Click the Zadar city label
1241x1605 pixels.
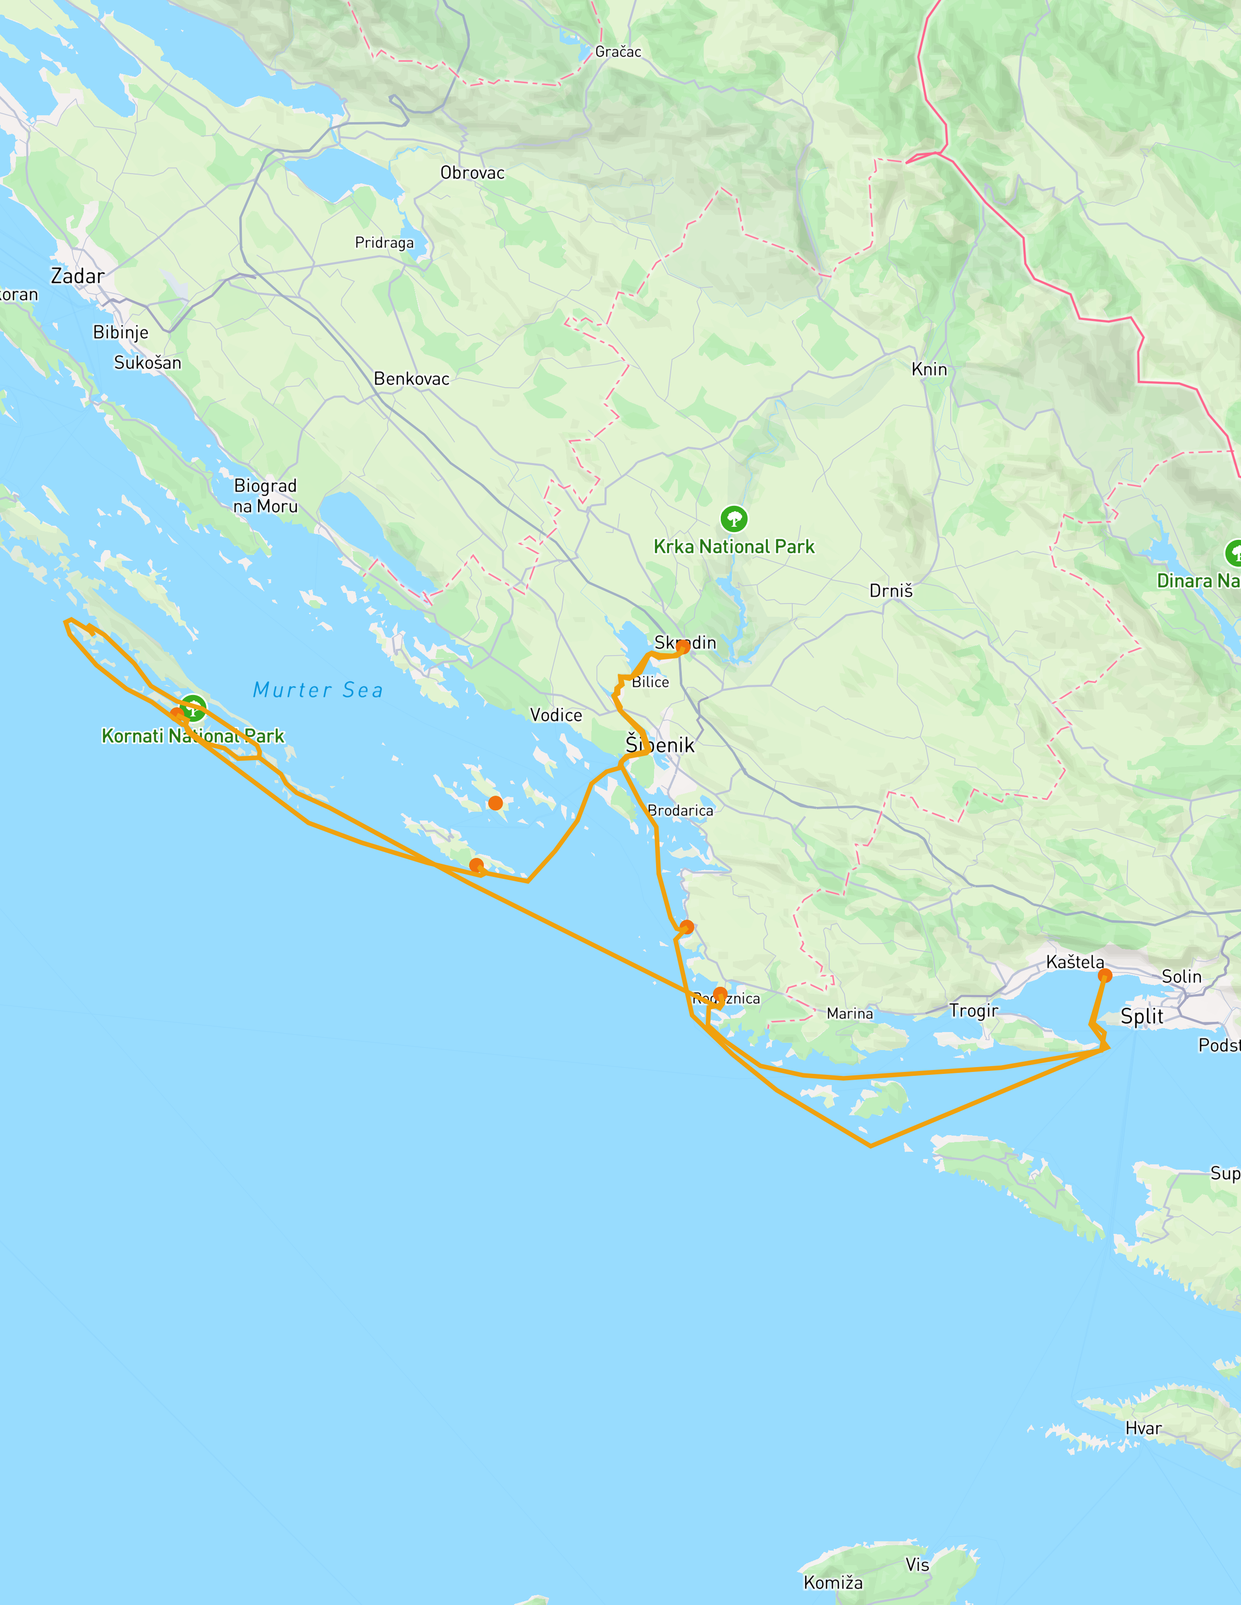(77, 276)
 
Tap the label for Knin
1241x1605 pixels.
(929, 369)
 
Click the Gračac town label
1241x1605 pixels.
(618, 52)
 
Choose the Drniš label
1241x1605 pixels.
(890, 591)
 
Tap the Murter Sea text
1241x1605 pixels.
(318, 690)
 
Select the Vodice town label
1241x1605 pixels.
(556, 715)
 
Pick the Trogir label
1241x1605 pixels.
(973, 1011)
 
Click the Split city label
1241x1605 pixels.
(1141, 1017)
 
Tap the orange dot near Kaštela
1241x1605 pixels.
(1104, 976)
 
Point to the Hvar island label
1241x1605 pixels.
(1143, 1428)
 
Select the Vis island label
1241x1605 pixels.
(917, 1565)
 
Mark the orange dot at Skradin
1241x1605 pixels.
(683, 647)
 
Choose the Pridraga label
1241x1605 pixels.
(384, 243)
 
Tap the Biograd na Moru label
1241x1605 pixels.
(265, 496)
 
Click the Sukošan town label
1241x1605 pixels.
(147, 362)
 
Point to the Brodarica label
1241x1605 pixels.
(680, 811)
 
